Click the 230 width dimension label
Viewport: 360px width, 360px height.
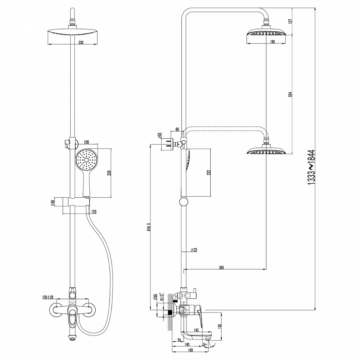(81, 42)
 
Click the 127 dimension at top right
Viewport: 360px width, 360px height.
(290, 21)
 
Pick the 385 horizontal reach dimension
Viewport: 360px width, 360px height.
(221, 267)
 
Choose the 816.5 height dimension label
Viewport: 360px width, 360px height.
(148, 229)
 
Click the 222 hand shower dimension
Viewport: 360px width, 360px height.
(208, 172)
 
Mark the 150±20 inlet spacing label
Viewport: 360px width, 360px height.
(48, 297)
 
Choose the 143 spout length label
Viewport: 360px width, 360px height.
(196, 329)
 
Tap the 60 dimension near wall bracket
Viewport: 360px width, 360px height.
(177, 129)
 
